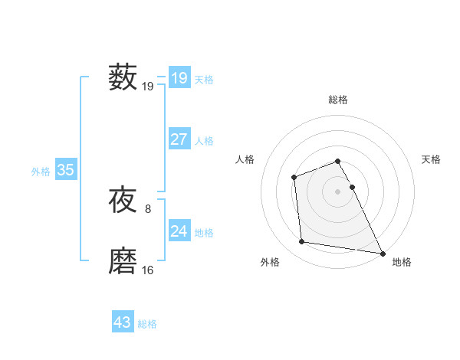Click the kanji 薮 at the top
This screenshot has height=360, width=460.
[x=123, y=78]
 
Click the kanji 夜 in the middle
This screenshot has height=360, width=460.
[x=123, y=201]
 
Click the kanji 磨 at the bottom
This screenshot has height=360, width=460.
[x=123, y=262]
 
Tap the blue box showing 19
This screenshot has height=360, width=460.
[x=179, y=78]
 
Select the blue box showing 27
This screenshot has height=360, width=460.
[x=179, y=139]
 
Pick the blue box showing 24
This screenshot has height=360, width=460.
[x=179, y=231]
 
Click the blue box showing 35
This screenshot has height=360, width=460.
[x=65, y=170]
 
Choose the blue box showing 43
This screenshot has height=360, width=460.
[x=123, y=322]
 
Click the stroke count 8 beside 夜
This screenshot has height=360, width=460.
[x=147, y=208]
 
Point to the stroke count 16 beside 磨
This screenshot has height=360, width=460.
[x=148, y=270]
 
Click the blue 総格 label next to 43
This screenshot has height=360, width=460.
[x=147, y=324]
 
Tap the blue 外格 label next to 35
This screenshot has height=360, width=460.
[x=41, y=172]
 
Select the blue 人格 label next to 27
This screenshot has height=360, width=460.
[x=204, y=141]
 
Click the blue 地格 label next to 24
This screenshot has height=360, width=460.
[x=204, y=233]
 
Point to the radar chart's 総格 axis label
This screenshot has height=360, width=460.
[x=338, y=100]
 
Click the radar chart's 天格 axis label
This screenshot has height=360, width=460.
[x=431, y=159]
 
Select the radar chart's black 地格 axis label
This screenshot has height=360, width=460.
[x=402, y=262]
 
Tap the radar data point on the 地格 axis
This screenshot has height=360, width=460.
[x=383, y=253]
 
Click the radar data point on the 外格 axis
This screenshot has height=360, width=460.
[x=302, y=242]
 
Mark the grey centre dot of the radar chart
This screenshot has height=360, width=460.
[x=338, y=191]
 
